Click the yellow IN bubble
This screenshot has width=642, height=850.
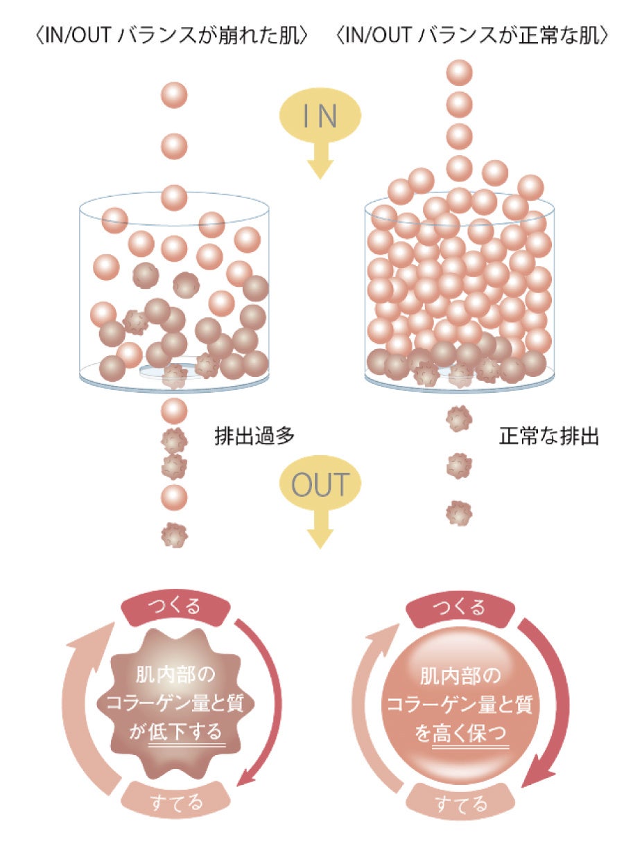(320, 117)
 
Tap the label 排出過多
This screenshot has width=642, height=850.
(255, 436)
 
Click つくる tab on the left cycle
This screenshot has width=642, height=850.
(175, 608)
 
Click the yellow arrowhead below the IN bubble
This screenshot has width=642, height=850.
(320, 167)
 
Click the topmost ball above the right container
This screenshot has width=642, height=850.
(459, 73)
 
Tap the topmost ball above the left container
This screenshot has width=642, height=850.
(174, 94)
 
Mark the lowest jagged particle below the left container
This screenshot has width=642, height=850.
(174, 534)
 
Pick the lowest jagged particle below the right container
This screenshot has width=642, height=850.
(459, 513)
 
